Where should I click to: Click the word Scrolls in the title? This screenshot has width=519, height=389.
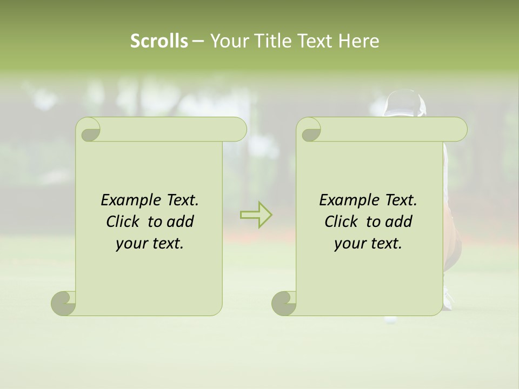159,41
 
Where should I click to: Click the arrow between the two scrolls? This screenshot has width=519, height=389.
256,215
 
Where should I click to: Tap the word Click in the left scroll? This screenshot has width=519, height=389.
124,222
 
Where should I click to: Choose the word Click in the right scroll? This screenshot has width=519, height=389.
343,222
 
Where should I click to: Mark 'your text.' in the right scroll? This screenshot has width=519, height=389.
368,244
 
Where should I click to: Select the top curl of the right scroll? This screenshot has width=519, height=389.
310,130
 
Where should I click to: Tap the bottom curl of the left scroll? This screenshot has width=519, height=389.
64,303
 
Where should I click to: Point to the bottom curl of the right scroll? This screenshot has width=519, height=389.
284,303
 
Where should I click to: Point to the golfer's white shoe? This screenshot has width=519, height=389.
447,300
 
